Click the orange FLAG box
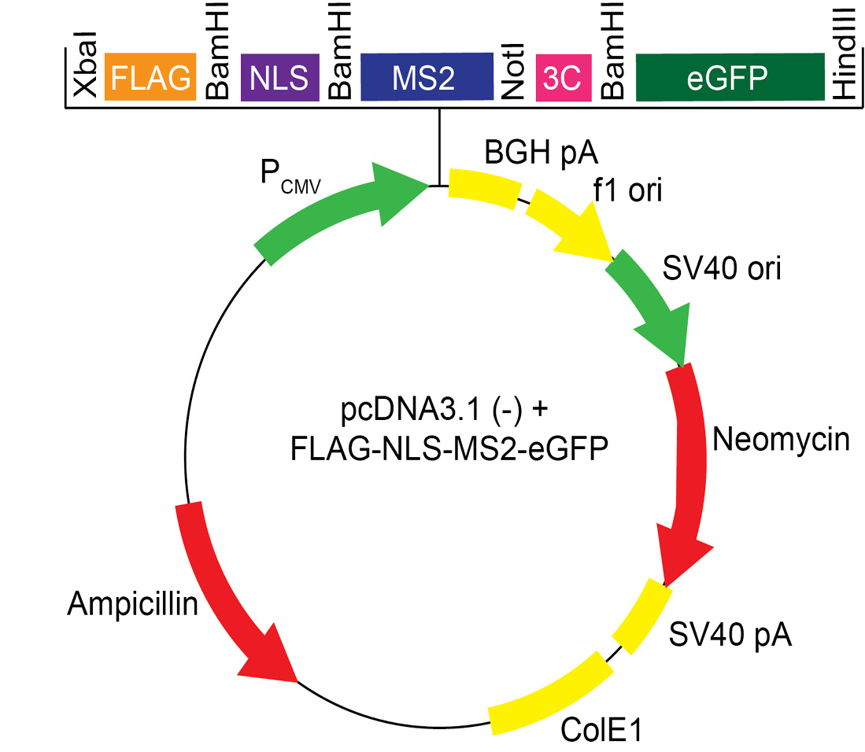pos(150,77)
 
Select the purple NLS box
pos(279,77)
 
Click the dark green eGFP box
pos(726,77)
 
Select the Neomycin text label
pos(781,440)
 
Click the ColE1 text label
pos(602,731)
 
